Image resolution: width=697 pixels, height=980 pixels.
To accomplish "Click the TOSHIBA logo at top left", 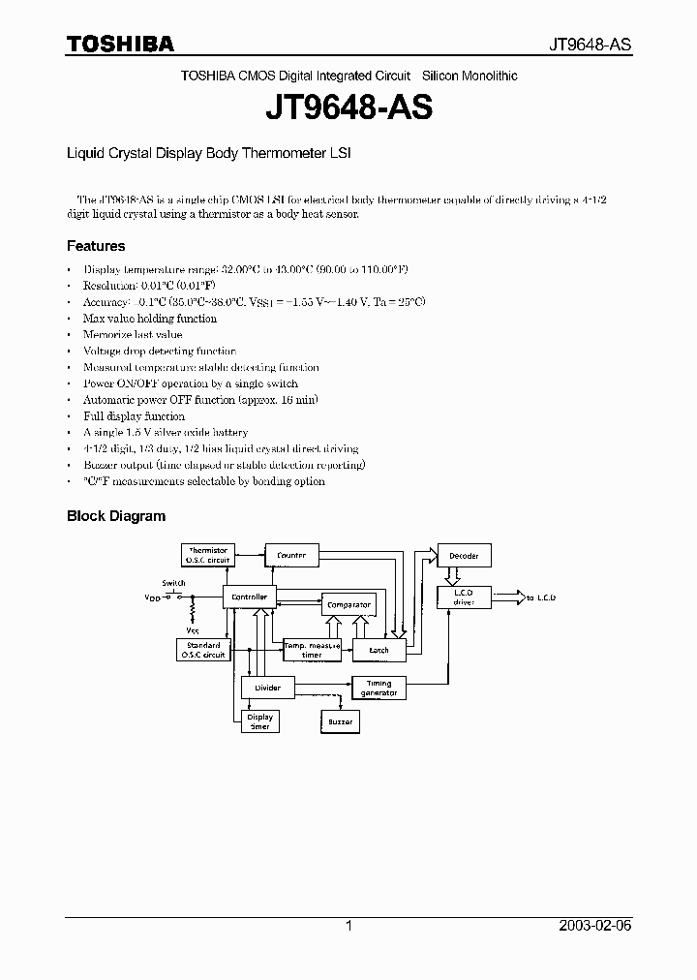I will pyautogui.click(x=120, y=45).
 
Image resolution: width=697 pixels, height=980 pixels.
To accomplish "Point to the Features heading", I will pyautogui.click(x=96, y=246).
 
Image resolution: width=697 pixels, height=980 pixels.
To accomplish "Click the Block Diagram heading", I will pyautogui.click(x=116, y=516).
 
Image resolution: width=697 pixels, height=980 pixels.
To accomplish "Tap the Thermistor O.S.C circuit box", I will pyautogui.click(x=208, y=555).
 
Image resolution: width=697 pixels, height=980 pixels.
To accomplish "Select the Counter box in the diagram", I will pyautogui.click(x=291, y=555).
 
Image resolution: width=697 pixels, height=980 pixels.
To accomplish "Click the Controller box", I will pyautogui.click(x=250, y=597).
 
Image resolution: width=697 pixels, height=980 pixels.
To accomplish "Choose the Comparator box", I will pyautogui.click(x=348, y=604).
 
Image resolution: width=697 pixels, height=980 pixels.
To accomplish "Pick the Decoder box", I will pyautogui.click(x=465, y=555).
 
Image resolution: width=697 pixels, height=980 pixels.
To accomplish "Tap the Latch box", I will pyautogui.click(x=379, y=650).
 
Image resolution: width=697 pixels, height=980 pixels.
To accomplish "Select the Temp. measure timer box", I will pyautogui.click(x=312, y=650).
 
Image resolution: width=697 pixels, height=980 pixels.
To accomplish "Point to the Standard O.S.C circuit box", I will pyautogui.click(x=202, y=650).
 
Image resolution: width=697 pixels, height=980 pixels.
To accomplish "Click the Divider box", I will pyautogui.click(x=267, y=688).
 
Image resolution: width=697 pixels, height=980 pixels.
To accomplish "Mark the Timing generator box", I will pyautogui.click(x=379, y=688).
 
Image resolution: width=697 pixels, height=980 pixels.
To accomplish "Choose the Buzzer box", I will pyautogui.click(x=340, y=721).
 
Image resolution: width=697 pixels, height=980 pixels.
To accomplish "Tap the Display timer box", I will pyautogui.click(x=259, y=721).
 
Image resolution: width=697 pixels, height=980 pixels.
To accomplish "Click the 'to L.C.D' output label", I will pyautogui.click(x=542, y=597).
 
